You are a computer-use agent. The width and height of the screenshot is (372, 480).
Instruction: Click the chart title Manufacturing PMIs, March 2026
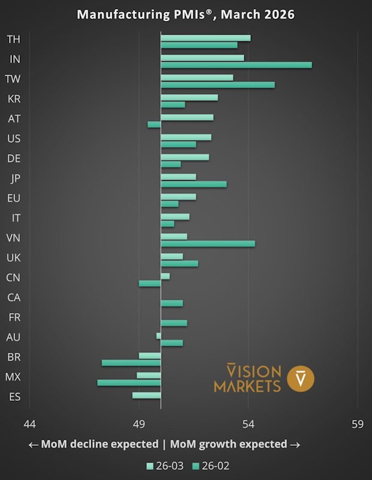(185, 14)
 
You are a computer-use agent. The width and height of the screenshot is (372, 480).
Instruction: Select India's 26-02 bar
(236, 65)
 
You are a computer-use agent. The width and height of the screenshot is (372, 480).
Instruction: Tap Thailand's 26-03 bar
(205, 38)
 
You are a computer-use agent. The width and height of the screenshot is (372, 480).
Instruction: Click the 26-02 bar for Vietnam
(208, 244)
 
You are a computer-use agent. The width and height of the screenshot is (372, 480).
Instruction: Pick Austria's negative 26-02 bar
(154, 124)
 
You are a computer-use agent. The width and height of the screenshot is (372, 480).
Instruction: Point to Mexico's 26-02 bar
(129, 382)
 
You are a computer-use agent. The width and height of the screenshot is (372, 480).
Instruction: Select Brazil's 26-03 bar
(149, 356)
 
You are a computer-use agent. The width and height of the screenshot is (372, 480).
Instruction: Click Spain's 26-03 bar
(146, 395)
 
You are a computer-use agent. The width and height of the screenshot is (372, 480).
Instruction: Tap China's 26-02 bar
(149, 283)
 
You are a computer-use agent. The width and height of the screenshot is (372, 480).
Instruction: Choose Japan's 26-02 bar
(193, 184)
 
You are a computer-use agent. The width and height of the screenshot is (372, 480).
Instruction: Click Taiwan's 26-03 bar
(197, 77)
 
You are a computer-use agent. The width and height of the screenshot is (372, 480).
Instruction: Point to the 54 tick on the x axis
(248, 424)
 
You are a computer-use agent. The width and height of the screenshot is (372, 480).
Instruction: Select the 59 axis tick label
(358, 424)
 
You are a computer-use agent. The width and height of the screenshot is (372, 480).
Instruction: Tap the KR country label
(14, 99)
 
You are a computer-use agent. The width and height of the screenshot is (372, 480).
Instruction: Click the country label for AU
(14, 337)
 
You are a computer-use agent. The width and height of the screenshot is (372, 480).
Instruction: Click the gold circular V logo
(301, 378)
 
